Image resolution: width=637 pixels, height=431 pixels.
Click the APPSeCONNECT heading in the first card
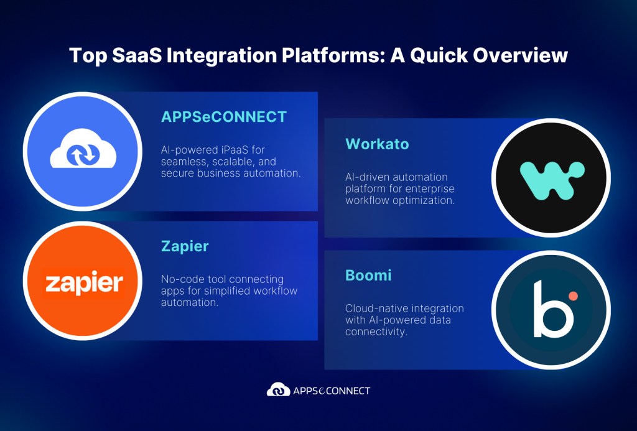(224, 117)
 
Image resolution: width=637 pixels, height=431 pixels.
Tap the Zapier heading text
(185, 246)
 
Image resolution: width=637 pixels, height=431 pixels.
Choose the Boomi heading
(368, 275)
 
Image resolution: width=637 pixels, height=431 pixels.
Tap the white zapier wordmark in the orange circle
(84, 284)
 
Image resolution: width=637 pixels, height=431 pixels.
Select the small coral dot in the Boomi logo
(573, 296)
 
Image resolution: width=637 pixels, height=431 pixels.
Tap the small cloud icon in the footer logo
(278, 391)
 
